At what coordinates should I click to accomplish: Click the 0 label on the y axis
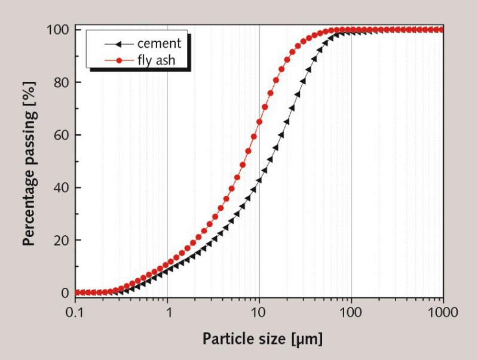[x=65, y=293]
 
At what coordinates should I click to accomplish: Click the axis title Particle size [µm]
[x=262, y=340]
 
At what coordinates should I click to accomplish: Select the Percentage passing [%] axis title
[x=28, y=161]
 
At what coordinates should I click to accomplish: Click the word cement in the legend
[x=158, y=43]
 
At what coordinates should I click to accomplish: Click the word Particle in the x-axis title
[x=226, y=340]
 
